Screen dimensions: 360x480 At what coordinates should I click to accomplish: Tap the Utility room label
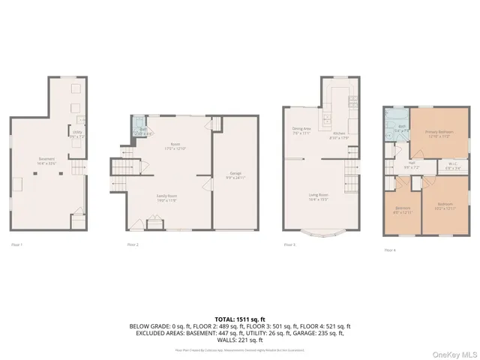click(77, 136)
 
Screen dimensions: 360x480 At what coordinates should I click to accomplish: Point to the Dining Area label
click(301, 130)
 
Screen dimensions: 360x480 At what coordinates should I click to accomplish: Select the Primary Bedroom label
click(438, 134)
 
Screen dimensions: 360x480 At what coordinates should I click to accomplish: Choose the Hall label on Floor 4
click(412, 165)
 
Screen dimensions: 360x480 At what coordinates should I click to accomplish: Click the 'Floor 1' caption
click(17, 244)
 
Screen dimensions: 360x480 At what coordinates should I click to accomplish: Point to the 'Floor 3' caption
click(289, 244)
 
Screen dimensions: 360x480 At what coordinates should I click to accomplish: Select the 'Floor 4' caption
click(390, 249)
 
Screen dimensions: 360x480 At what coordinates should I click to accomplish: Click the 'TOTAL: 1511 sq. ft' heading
click(240, 319)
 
